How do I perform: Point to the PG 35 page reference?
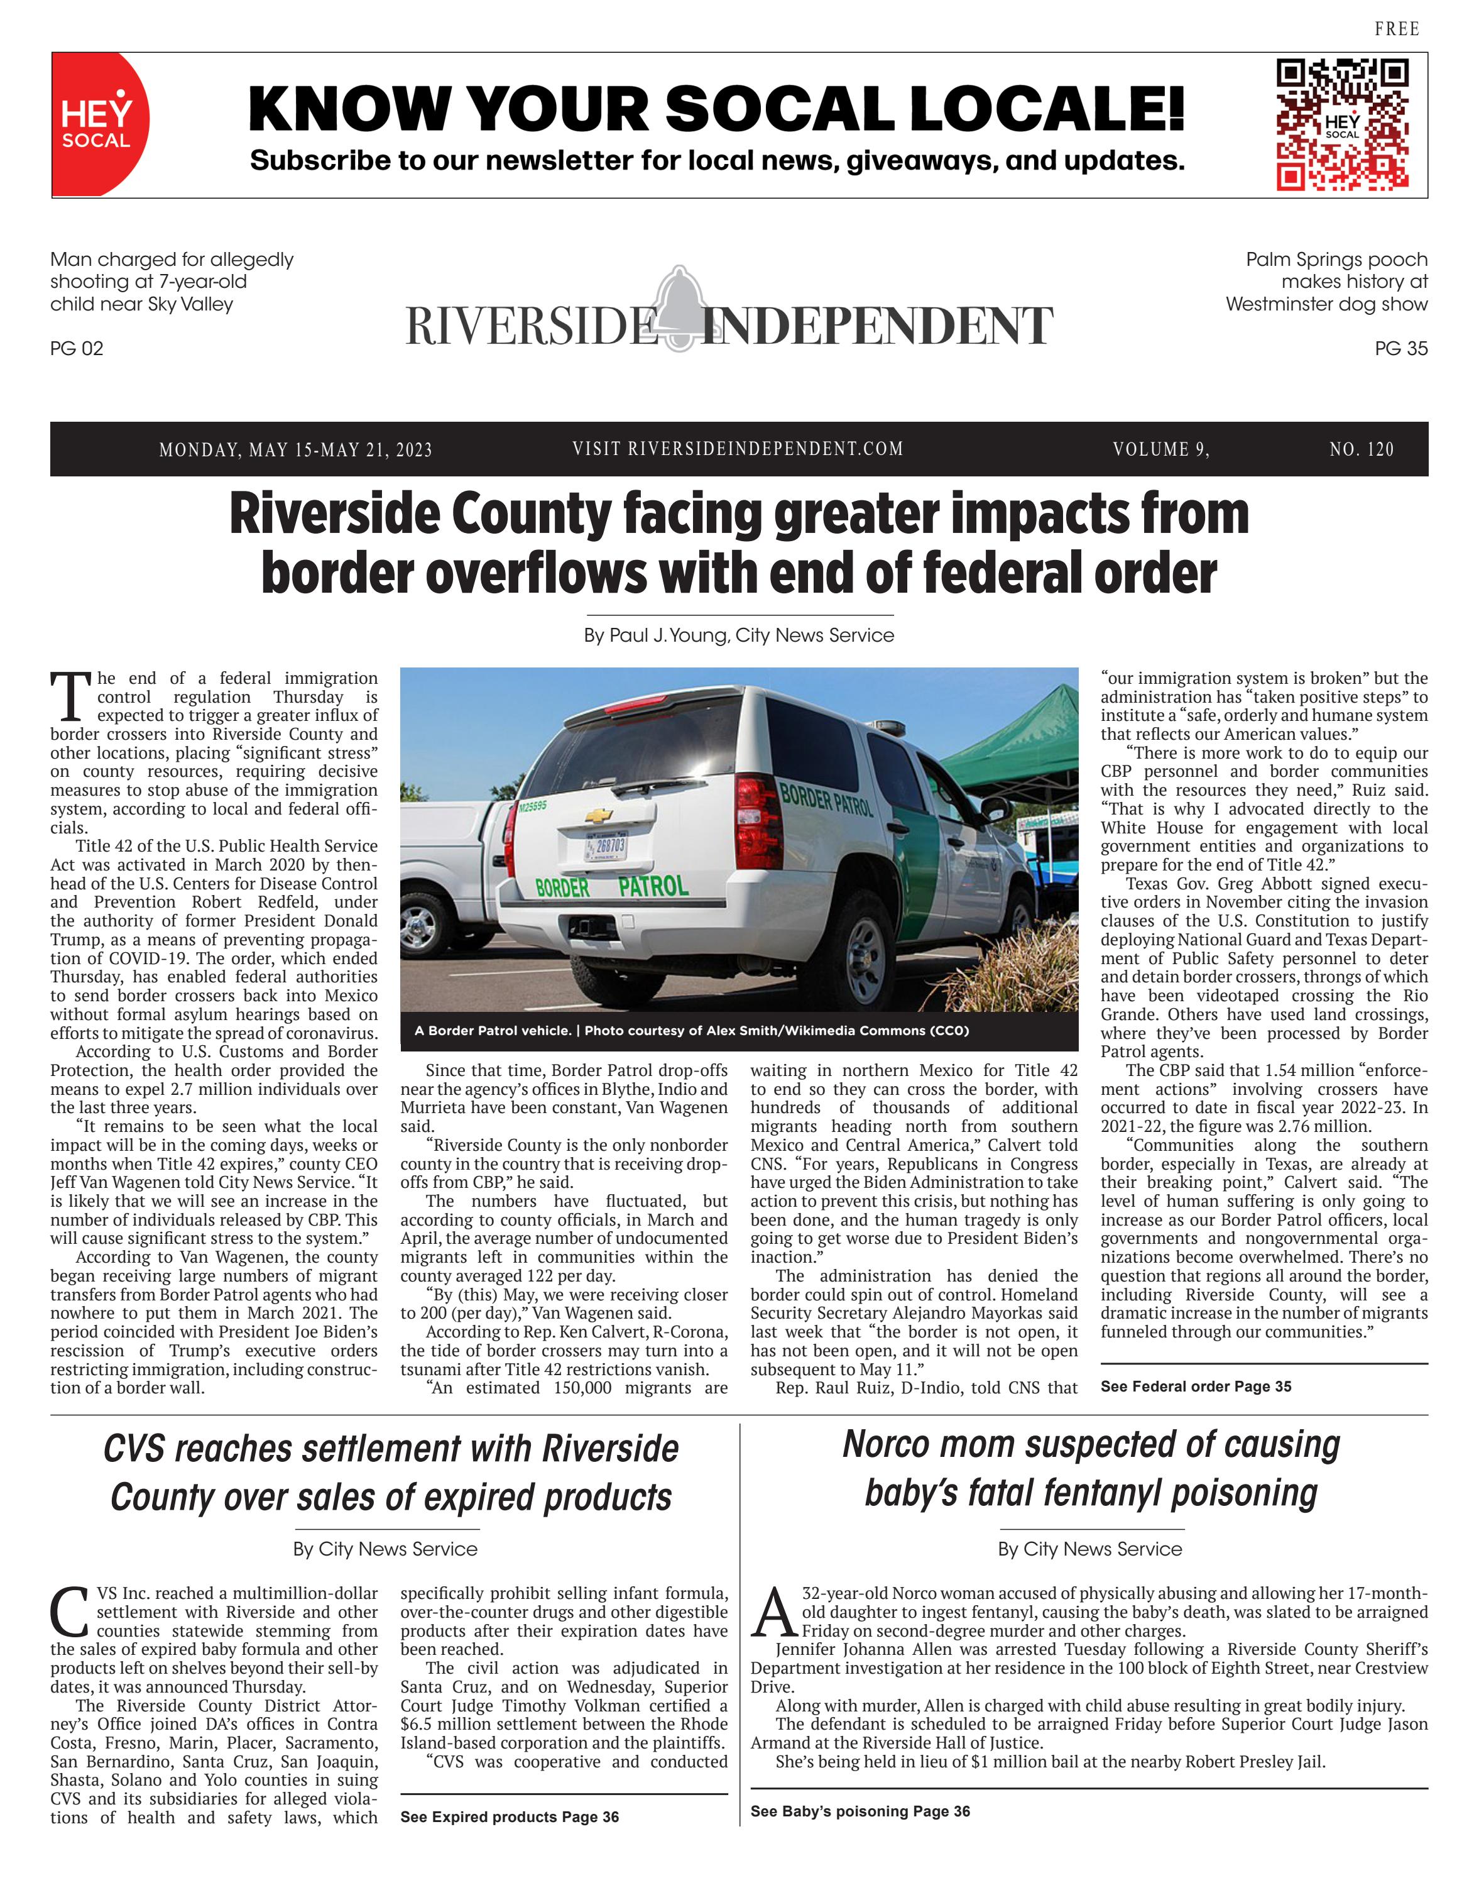[x=1400, y=348]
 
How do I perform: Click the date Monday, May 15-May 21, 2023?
[x=295, y=449]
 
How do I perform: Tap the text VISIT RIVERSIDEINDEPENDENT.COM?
[x=738, y=449]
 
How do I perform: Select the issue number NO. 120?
[x=1362, y=449]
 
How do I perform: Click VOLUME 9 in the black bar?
[x=1160, y=449]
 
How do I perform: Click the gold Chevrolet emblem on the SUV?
[x=598, y=815]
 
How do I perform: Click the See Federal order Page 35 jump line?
[x=1195, y=1386]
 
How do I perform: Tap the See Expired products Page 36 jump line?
[x=509, y=1816]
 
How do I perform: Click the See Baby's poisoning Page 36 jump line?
[x=860, y=1811]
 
